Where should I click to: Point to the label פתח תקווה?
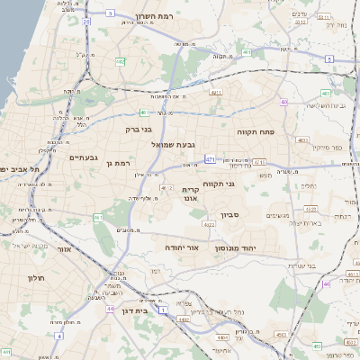point(256,132)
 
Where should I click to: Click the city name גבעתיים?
point(83,157)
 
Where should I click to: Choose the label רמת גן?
point(119,163)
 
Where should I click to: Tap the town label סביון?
point(229,215)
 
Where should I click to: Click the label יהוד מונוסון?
point(236,247)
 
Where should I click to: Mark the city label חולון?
point(37,278)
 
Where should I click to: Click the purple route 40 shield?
point(284,103)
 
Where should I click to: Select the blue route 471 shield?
point(210,159)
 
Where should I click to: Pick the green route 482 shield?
point(120,60)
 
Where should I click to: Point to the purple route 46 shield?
point(326,283)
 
